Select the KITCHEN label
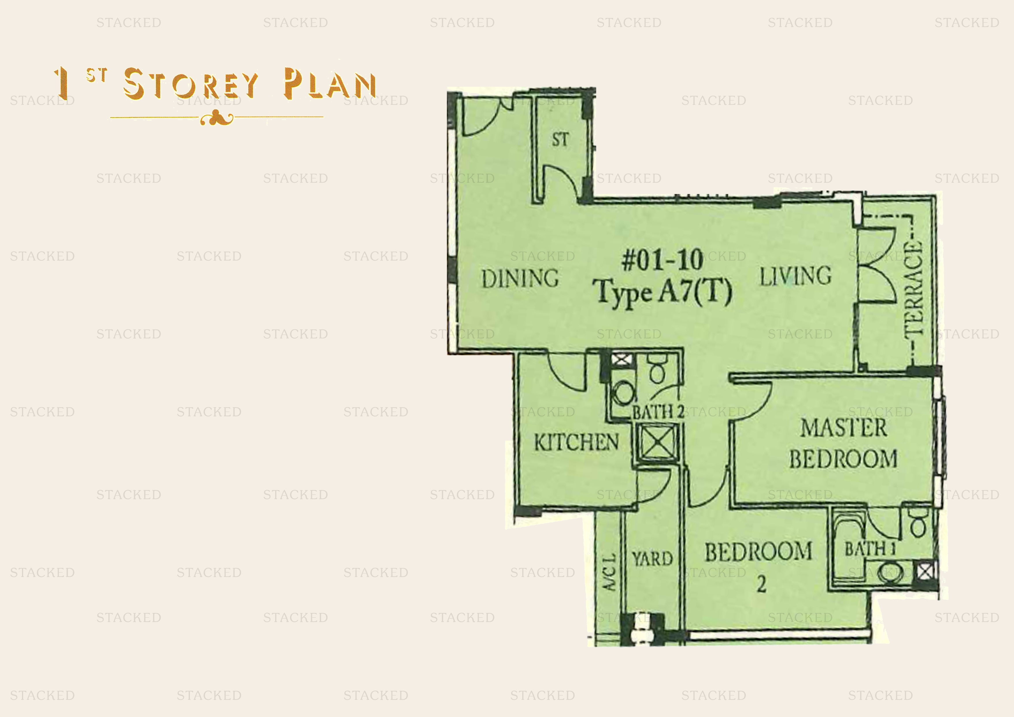(x=576, y=442)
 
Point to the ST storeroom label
(x=560, y=140)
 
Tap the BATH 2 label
(x=658, y=412)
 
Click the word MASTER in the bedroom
(x=843, y=428)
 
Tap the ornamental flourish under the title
(x=217, y=118)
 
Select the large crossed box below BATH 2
(x=657, y=443)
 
